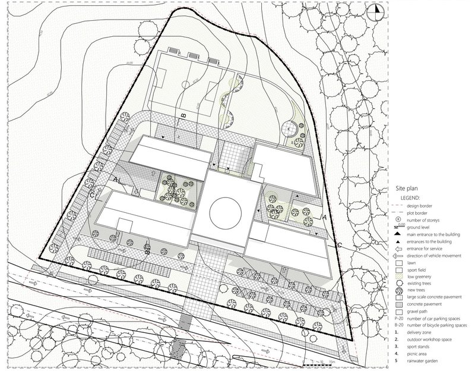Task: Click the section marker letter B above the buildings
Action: pos(183,115)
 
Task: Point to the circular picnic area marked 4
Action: pos(289,127)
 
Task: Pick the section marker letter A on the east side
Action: pos(324,218)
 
